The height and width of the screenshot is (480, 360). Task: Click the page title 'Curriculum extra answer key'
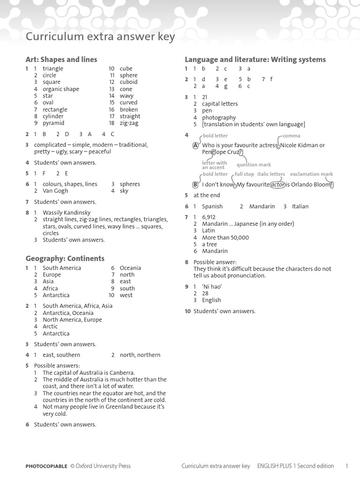point(100,37)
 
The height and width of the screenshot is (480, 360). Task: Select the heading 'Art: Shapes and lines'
point(61,60)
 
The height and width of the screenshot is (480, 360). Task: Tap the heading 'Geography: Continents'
point(65,258)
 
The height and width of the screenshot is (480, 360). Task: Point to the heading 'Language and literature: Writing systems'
point(255,60)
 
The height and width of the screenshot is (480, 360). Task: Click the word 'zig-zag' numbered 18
point(129,123)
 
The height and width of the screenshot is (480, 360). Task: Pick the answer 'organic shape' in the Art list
point(61,89)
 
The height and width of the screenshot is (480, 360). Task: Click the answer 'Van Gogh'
point(55,191)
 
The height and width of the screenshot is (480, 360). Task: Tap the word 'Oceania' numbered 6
point(130,268)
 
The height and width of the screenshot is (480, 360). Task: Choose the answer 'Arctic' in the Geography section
point(50,327)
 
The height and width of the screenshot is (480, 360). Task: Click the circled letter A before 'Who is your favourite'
point(195,145)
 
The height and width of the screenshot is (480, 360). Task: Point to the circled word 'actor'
point(278,185)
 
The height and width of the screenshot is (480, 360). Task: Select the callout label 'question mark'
point(254,165)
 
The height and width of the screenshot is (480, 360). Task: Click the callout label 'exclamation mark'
point(311,174)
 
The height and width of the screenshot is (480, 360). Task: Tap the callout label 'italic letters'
point(271,174)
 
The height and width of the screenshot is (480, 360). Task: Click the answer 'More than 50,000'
point(225,238)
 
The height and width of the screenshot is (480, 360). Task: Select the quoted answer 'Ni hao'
point(212,287)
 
